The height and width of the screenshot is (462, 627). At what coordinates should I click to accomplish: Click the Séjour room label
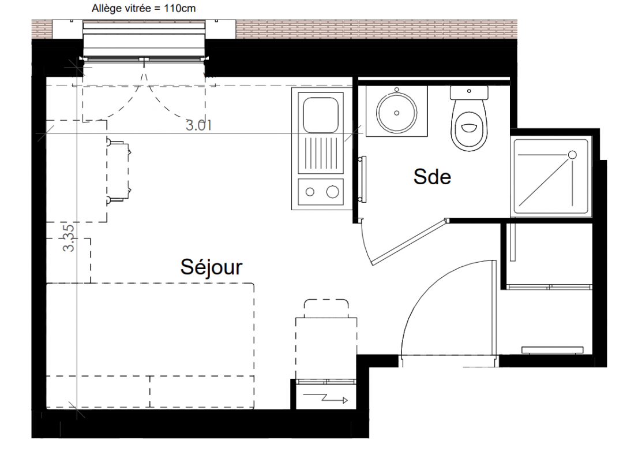pyautogui.click(x=211, y=267)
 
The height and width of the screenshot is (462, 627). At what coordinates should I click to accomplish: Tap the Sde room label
pyautogui.click(x=432, y=177)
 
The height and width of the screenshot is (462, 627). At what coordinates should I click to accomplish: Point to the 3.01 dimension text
pyautogui.click(x=199, y=125)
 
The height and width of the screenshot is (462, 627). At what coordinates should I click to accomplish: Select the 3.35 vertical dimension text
pyautogui.click(x=69, y=238)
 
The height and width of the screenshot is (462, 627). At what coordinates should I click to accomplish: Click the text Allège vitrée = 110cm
pyautogui.click(x=144, y=9)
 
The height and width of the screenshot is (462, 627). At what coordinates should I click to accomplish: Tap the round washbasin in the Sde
pyautogui.click(x=397, y=113)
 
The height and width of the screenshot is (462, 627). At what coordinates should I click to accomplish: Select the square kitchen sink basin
pyautogui.click(x=321, y=115)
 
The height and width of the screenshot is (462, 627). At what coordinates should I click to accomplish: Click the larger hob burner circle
pyautogui.click(x=333, y=192)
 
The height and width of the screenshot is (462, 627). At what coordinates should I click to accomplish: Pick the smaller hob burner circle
pyautogui.click(x=310, y=192)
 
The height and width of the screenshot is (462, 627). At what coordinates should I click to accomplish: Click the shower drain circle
pyautogui.click(x=572, y=155)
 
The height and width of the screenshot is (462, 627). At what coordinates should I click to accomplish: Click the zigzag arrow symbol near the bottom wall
pyautogui.click(x=325, y=398)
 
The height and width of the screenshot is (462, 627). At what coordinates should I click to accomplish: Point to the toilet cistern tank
pyautogui.click(x=469, y=92)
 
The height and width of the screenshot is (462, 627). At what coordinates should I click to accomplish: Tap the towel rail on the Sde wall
pyautogui.click(x=363, y=179)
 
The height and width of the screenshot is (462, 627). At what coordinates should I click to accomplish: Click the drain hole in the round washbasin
pyautogui.click(x=397, y=113)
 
